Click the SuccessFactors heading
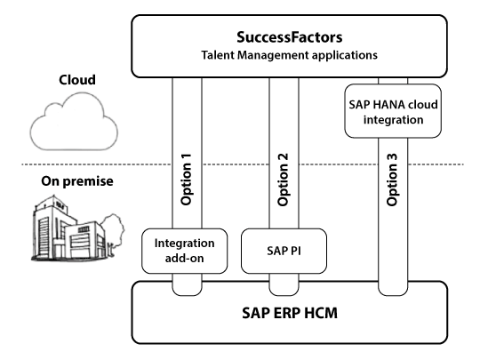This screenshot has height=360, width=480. (289, 37)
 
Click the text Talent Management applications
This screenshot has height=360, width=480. (289, 55)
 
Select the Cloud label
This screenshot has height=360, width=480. (77, 80)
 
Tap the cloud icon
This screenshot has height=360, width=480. (74, 122)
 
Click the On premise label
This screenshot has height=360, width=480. (77, 181)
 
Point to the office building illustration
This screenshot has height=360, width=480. (68, 228)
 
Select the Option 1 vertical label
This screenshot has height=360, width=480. (186, 180)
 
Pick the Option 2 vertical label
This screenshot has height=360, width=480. (284, 180)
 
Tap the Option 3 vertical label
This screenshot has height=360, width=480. (392, 180)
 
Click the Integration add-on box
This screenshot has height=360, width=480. (184, 251)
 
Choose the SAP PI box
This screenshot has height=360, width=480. (284, 251)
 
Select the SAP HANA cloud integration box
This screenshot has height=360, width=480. (393, 111)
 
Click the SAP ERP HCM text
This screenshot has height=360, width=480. (290, 313)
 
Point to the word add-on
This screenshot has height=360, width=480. (184, 259)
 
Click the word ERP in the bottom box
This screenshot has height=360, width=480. (284, 313)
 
